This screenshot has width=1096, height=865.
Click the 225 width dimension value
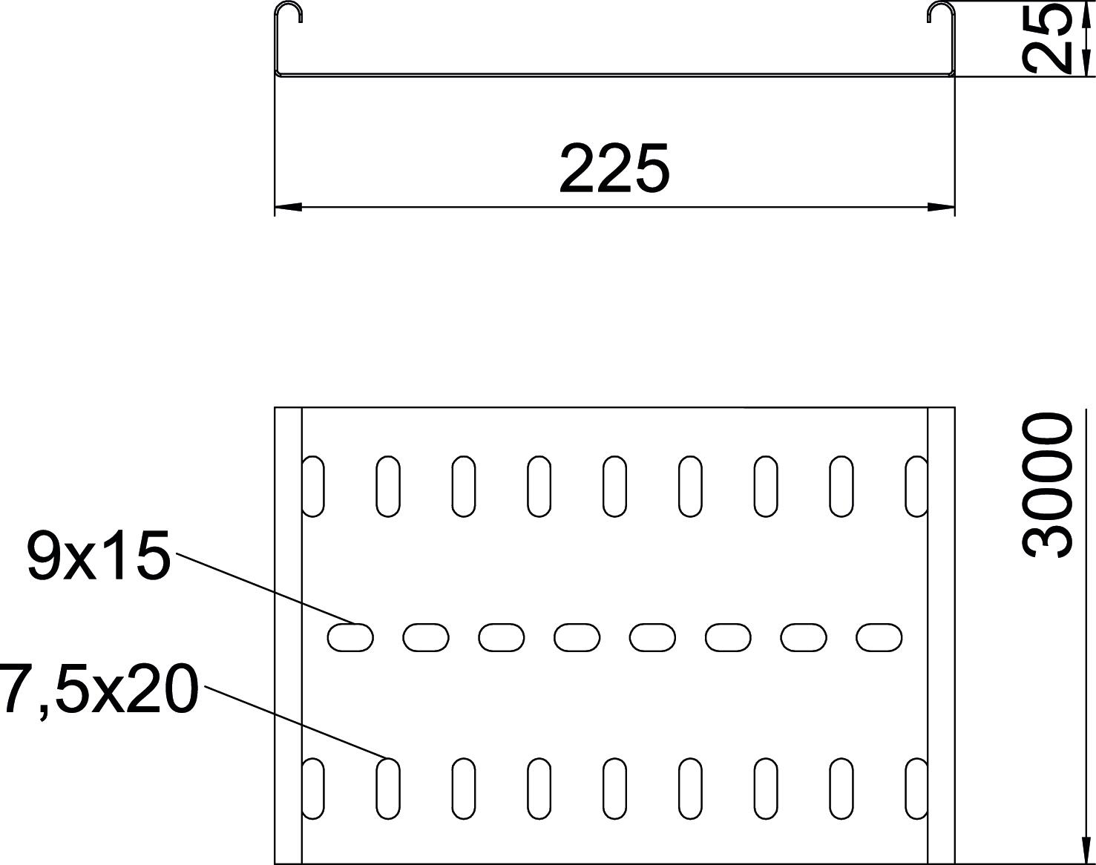pos(614,168)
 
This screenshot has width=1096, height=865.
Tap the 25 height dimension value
pos(1046,39)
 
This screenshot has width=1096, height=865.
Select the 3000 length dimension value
pos(1046,487)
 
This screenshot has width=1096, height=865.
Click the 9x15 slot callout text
pos(99,556)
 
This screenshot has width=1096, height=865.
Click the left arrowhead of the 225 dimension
pos(288,207)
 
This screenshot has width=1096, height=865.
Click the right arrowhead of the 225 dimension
pos(941,207)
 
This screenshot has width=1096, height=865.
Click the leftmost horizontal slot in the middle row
pos(350,637)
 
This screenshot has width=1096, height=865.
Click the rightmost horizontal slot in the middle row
pos(879,637)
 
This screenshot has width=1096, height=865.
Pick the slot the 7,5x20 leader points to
pos(388,788)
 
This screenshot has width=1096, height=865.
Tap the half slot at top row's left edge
pos(312,486)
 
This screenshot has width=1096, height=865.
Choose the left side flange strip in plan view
pos(288,635)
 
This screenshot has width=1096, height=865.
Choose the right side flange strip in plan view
pos(941,635)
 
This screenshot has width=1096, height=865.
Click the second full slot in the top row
pos(464,486)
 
